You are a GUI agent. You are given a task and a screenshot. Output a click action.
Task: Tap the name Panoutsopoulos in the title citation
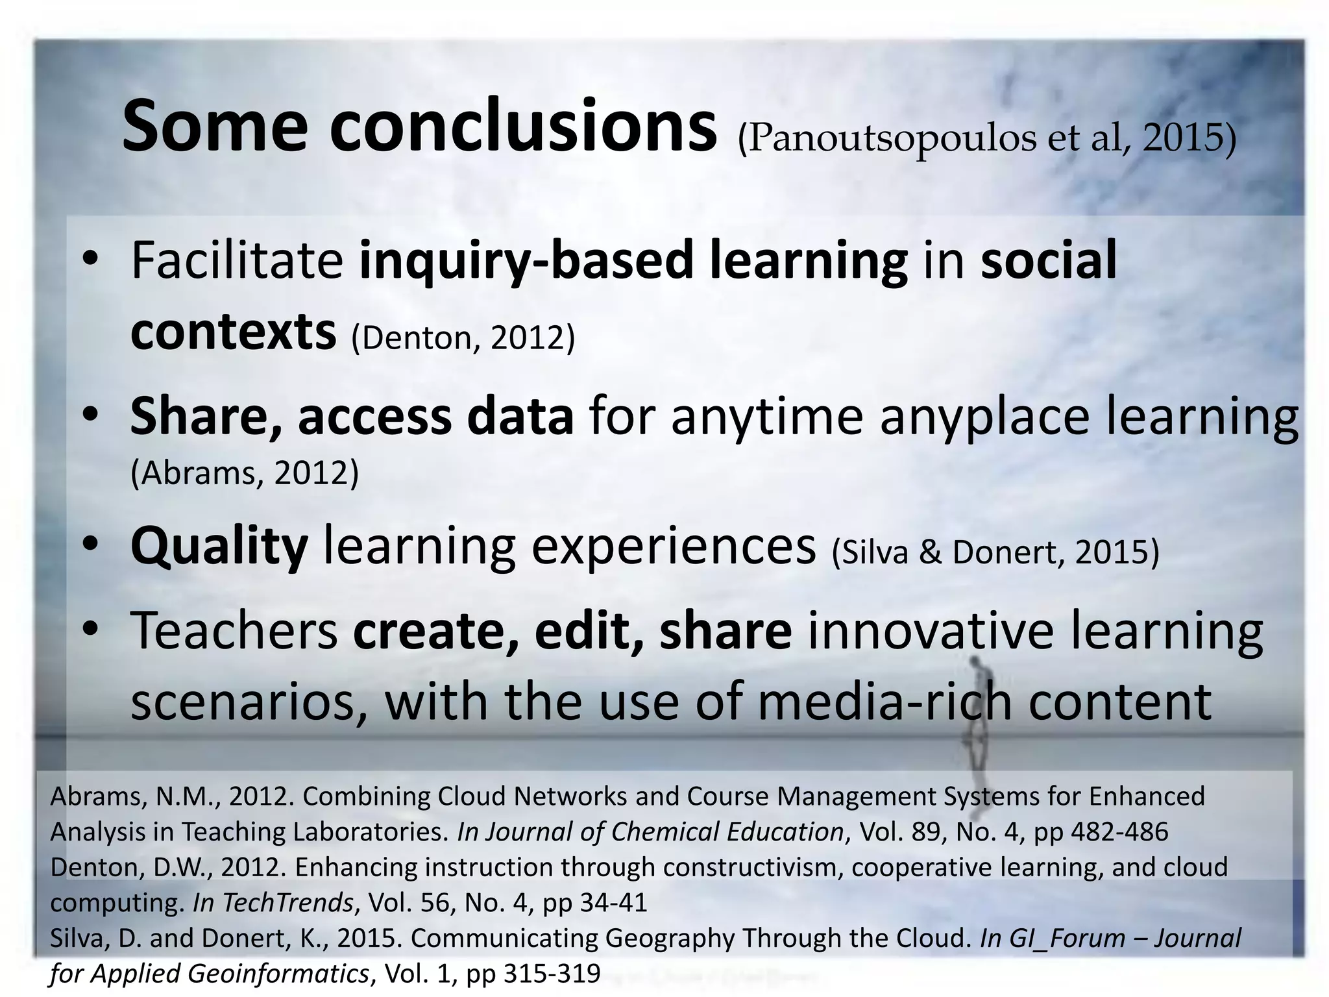click(x=887, y=138)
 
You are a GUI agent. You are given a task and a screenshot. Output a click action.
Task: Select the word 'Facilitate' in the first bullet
click(x=237, y=260)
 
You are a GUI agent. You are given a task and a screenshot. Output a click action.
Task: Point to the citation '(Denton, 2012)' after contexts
click(x=463, y=338)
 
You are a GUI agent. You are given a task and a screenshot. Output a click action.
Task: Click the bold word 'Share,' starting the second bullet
click(x=205, y=416)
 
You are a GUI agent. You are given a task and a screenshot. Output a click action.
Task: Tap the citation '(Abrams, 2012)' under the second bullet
click(x=245, y=473)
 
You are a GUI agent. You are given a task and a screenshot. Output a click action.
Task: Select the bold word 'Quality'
click(x=218, y=547)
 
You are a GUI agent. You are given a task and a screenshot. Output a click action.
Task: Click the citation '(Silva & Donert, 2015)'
click(x=995, y=552)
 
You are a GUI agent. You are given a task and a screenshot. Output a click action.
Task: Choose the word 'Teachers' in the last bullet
click(x=234, y=631)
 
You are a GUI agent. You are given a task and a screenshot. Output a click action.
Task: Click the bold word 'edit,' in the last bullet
click(x=589, y=631)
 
